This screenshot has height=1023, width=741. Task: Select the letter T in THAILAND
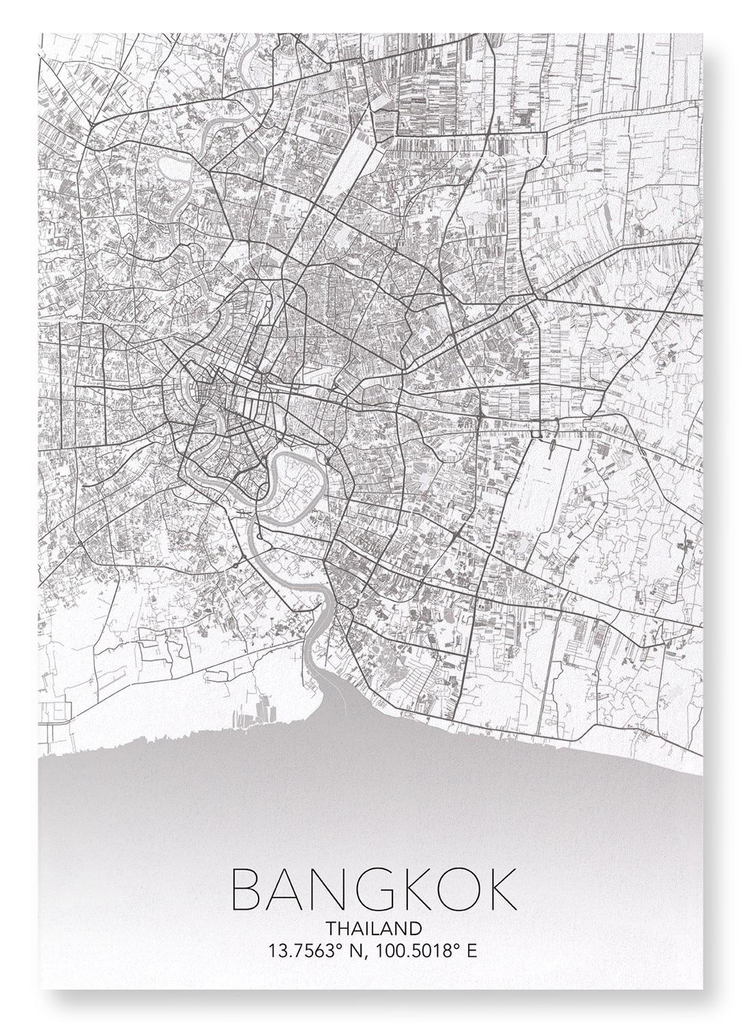point(331,928)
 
